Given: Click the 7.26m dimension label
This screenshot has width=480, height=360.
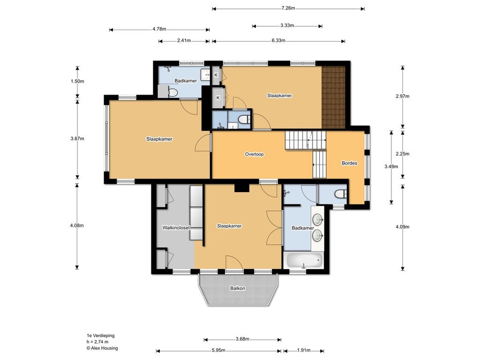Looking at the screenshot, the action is pyautogui.click(x=288, y=8).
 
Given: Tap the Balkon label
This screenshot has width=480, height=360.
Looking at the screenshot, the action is pyautogui.click(x=238, y=288).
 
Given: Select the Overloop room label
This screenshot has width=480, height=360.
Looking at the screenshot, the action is pyautogui.click(x=254, y=154).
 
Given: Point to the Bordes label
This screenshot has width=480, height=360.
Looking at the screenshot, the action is pyautogui.click(x=349, y=163).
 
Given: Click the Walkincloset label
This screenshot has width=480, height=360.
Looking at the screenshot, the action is pyautogui.click(x=176, y=228).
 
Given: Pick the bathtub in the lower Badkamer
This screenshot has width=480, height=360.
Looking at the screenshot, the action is pyautogui.click(x=304, y=261).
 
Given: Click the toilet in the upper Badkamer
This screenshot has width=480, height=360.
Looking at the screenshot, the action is pyautogui.click(x=173, y=92).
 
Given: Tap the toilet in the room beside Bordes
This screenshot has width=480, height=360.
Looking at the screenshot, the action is pyautogui.click(x=340, y=194).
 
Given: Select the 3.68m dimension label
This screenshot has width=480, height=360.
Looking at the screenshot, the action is pyautogui.click(x=242, y=339).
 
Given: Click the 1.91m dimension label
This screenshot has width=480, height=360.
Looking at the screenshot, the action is pyautogui.click(x=304, y=351).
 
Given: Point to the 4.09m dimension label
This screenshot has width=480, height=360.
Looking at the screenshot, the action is pyautogui.click(x=403, y=227).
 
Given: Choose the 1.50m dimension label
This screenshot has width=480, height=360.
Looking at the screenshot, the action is pyautogui.click(x=77, y=82).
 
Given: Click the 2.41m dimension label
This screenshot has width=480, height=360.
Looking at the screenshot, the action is pyautogui.click(x=184, y=40).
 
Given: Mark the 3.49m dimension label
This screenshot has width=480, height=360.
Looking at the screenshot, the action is pyautogui.click(x=391, y=166).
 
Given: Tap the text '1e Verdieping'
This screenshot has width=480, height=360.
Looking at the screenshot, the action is pyautogui.click(x=100, y=336).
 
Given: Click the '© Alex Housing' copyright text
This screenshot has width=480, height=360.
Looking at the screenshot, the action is pyautogui.click(x=102, y=348).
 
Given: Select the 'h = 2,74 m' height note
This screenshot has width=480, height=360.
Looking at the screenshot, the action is pyautogui.click(x=97, y=342).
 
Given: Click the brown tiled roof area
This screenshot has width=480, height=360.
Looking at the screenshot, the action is pyautogui.click(x=333, y=97).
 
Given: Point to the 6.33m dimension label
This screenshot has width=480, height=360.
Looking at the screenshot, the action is pyautogui.click(x=278, y=40).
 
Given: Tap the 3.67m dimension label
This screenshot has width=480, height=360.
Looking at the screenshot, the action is pyautogui.click(x=77, y=139).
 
